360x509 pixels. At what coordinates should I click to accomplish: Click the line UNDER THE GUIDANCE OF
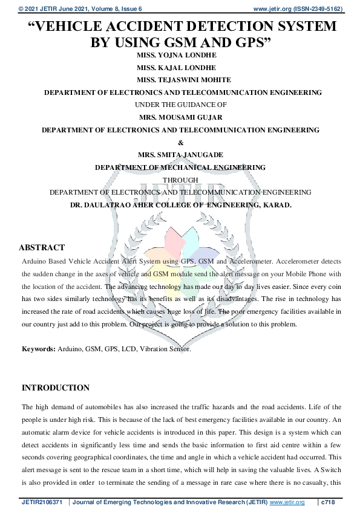coord(180,105)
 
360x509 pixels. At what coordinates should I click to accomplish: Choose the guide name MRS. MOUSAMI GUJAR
coord(180,117)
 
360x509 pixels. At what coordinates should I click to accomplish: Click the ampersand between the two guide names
coord(180,142)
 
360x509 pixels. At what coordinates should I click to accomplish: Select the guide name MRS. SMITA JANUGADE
coord(180,155)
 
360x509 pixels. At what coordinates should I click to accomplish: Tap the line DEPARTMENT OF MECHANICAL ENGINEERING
coord(180,167)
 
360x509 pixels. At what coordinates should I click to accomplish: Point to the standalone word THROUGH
coord(180,180)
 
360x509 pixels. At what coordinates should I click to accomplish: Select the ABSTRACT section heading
coord(42,248)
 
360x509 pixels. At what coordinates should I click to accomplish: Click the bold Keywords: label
coord(39,349)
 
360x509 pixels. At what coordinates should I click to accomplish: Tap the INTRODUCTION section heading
coord(56,388)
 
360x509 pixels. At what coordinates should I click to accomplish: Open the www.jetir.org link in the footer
coord(287,502)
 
